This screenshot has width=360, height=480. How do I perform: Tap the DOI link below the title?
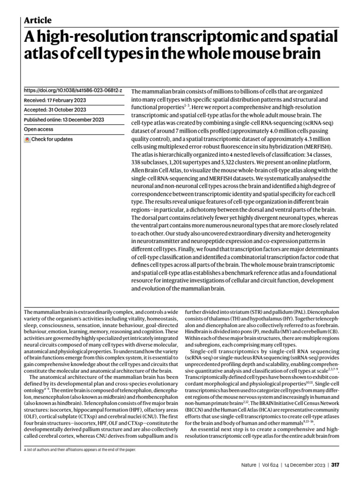click(73, 90)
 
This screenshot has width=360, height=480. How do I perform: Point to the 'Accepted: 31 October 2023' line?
click(54, 110)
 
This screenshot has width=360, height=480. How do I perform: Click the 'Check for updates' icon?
click(27, 139)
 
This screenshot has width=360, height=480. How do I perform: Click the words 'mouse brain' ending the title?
click(279, 54)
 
